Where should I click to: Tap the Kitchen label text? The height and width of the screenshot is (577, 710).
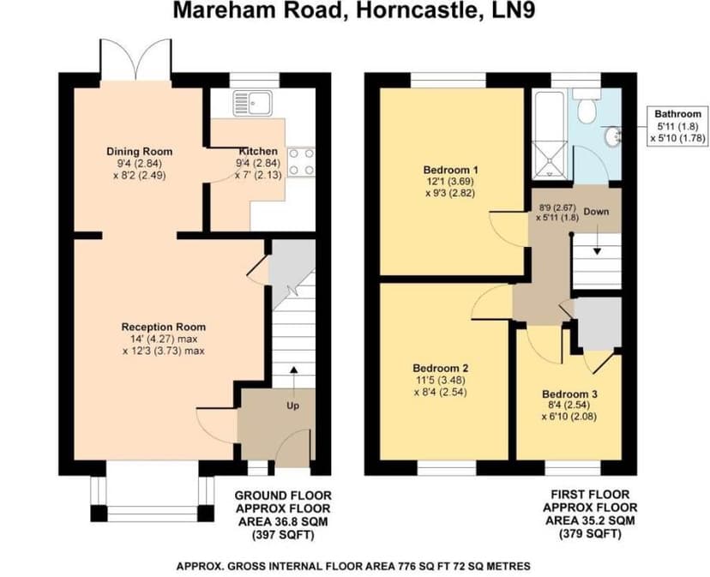tap(258, 151)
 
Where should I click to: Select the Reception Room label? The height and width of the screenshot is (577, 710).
tap(163, 327)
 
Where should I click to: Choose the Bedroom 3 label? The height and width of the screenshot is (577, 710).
tap(569, 394)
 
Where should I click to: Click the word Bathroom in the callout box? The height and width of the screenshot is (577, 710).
tap(677, 113)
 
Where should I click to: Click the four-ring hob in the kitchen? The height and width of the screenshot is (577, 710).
tap(300, 161)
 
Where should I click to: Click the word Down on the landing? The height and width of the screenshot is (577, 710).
tap(597, 211)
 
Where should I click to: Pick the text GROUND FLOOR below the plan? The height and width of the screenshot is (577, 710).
tap(283, 496)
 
